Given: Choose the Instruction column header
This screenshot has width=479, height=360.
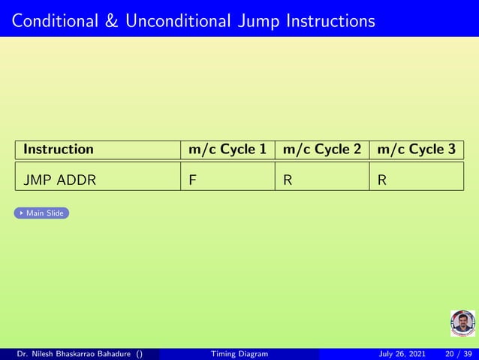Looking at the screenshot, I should pyautogui.click(x=59, y=150).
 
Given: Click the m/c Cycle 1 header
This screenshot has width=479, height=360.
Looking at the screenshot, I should pyautogui.click(x=227, y=150).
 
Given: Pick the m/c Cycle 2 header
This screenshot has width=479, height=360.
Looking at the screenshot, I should pyautogui.click(x=322, y=150).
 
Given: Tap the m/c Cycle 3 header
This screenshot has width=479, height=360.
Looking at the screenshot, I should pyautogui.click(x=417, y=150).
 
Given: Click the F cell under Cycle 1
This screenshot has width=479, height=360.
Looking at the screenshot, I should pyautogui.click(x=193, y=181).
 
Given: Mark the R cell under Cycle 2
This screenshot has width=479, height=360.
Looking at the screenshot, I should pyautogui.click(x=288, y=181).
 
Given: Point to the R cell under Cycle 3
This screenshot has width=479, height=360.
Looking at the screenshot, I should pyautogui.click(x=382, y=181).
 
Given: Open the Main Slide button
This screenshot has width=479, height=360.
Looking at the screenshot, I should pyautogui.click(x=42, y=213).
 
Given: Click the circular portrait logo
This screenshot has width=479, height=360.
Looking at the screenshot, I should pyautogui.click(x=462, y=323).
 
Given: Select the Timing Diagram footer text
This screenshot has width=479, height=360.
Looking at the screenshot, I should pyautogui.click(x=239, y=354).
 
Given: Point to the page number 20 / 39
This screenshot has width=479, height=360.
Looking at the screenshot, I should pyautogui.click(x=458, y=354).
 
